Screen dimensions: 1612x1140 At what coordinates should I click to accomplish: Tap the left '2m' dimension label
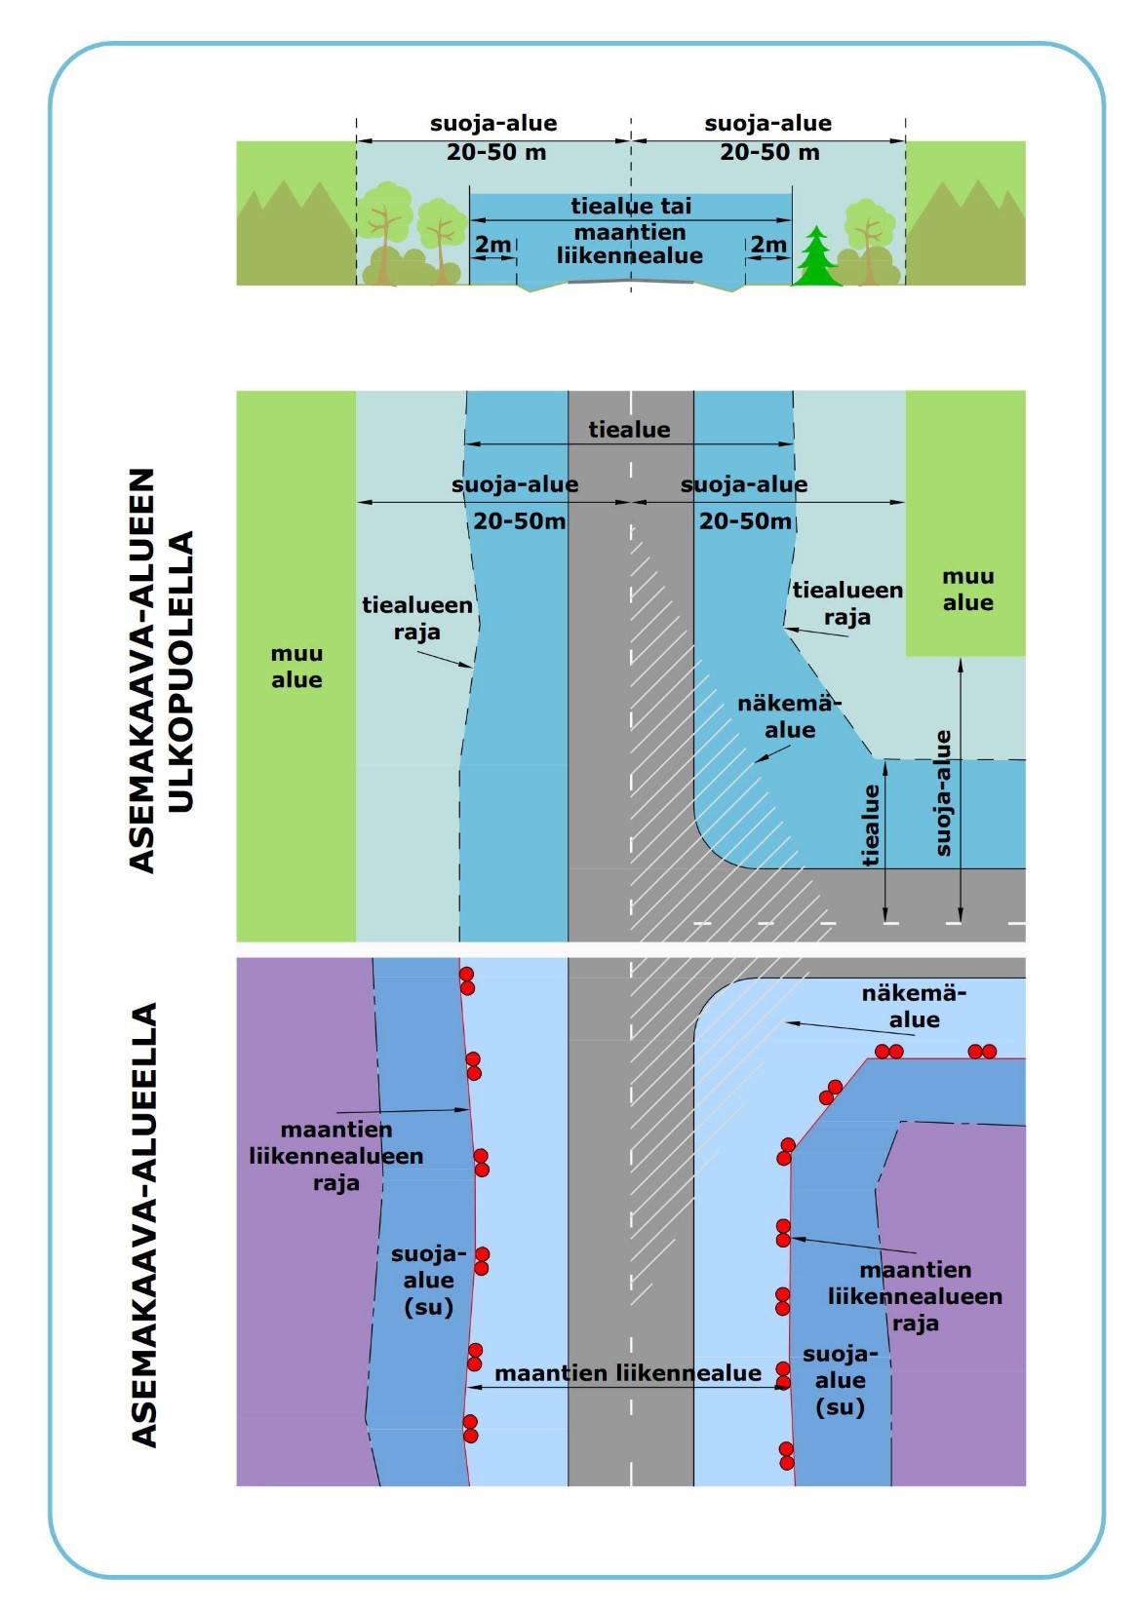(x=492, y=245)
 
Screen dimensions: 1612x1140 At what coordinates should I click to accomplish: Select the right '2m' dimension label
(x=768, y=245)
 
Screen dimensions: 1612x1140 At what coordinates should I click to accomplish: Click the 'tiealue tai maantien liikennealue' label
(x=630, y=232)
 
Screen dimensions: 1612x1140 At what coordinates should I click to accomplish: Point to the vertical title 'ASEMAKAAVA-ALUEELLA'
(x=144, y=1224)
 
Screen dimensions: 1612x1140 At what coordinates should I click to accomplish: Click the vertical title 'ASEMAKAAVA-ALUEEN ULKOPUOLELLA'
(x=161, y=671)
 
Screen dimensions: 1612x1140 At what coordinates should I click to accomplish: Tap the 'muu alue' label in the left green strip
(x=296, y=667)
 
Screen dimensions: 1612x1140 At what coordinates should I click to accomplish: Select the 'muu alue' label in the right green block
(x=967, y=590)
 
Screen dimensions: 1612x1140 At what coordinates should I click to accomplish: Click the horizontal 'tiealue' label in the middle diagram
(x=629, y=430)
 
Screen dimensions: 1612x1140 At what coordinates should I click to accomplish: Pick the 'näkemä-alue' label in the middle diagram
(x=789, y=716)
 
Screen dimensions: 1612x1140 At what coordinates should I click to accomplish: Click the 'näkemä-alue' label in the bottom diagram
(x=914, y=1007)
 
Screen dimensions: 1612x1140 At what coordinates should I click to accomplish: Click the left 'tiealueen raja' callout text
(x=417, y=618)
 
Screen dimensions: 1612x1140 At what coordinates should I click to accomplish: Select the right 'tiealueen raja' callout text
(x=846, y=603)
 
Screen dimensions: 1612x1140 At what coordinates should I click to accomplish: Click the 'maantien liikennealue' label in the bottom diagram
(x=628, y=1373)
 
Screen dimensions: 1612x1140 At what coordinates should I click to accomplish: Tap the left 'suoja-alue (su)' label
(x=429, y=1281)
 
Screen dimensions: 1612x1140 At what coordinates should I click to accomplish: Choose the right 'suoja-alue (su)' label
(x=841, y=1380)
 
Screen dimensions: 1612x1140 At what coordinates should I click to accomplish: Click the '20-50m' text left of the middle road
(x=520, y=521)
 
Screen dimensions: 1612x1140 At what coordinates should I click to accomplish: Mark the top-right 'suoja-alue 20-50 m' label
(x=768, y=137)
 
